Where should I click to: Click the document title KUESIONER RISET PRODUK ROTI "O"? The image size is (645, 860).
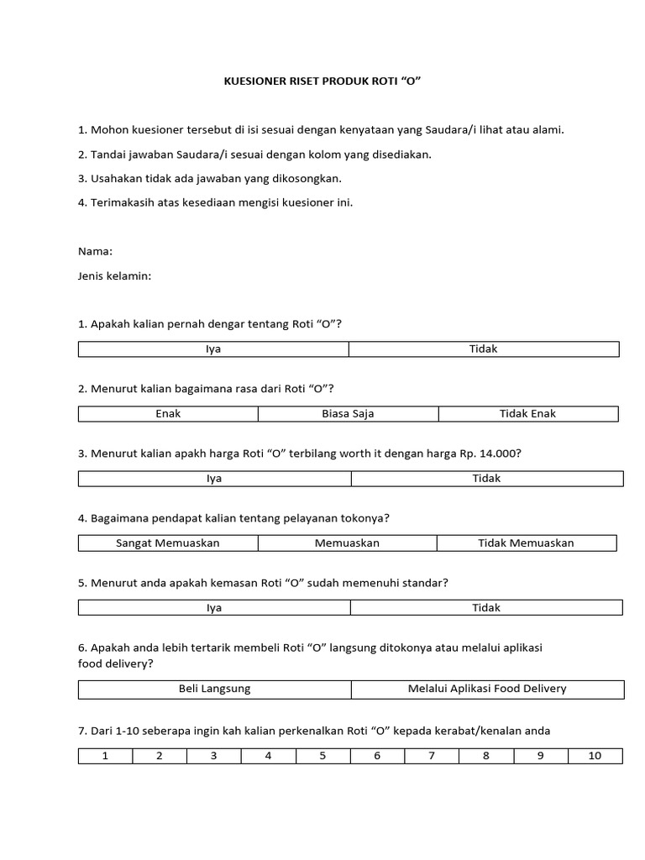click(322, 81)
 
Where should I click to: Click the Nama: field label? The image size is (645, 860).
click(96, 251)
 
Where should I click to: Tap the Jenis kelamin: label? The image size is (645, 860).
click(114, 275)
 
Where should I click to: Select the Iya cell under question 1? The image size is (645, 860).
click(213, 349)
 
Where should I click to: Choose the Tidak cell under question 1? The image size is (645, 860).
click(484, 349)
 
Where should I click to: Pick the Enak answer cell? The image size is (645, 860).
click(168, 414)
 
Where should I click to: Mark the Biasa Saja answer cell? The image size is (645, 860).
click(348, 414)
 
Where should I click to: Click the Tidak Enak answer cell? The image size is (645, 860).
click(527, 414)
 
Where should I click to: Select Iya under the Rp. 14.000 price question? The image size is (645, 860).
click(214, 479)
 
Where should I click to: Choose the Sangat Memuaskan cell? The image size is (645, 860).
click(168, 543)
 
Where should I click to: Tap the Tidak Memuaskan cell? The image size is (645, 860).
click(527, 543)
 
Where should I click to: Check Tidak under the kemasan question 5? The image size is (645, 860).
click(486, 608)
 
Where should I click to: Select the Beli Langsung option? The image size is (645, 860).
click(215, 690)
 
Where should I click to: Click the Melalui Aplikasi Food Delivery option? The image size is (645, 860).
click(487, 690)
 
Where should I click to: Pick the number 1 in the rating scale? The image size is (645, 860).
click(105, 756)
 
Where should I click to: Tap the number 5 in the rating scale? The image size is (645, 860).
click(322, 756)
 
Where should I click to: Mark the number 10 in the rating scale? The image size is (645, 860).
click(595, 756)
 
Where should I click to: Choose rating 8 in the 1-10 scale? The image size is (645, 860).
click(485, 756)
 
